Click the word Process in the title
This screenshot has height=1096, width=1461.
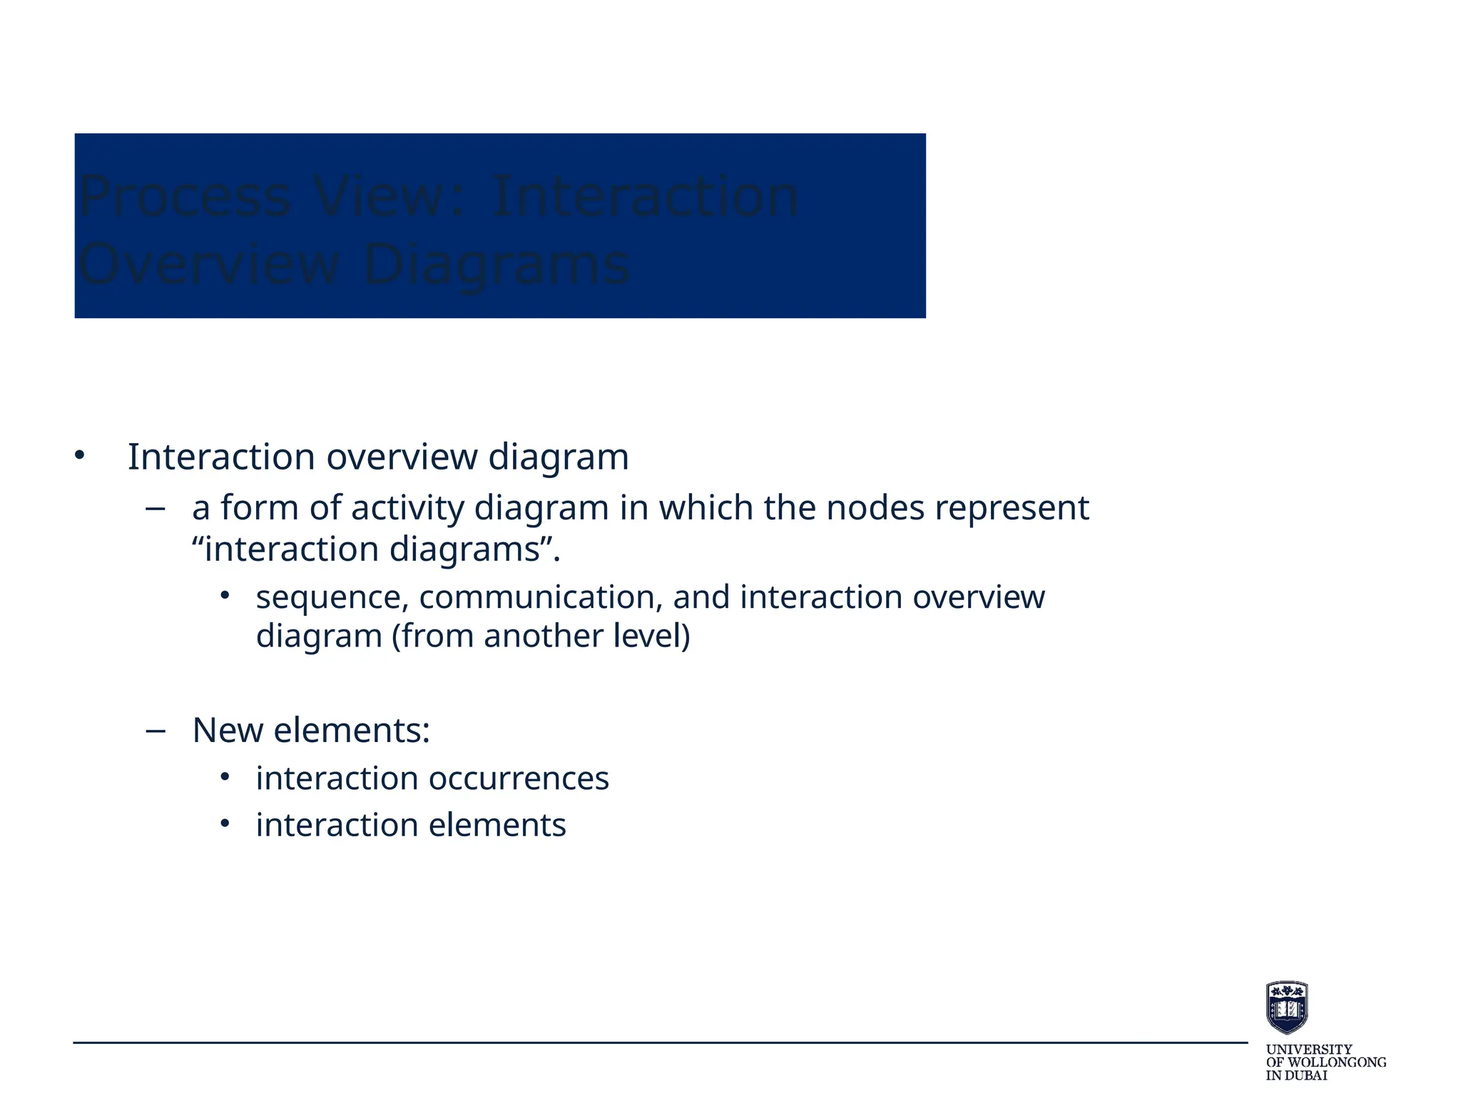click(185, 198)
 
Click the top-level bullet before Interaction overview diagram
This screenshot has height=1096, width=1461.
click(79, 455)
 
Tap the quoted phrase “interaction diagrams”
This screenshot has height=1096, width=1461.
click(376, 549)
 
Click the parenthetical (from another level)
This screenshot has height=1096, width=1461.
click(540, 636)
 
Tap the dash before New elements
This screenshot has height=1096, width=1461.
click(155, 731)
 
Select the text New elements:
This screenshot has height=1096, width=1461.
click(311, 731)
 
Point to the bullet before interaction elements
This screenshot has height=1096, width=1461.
click(225, 824)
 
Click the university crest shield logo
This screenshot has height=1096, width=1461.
click(1286, 1008)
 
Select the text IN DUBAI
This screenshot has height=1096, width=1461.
click(1296, 1075)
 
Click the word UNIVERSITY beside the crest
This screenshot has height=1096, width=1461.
click(1308, 1050)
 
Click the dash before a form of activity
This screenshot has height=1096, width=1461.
click(155, 509)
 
